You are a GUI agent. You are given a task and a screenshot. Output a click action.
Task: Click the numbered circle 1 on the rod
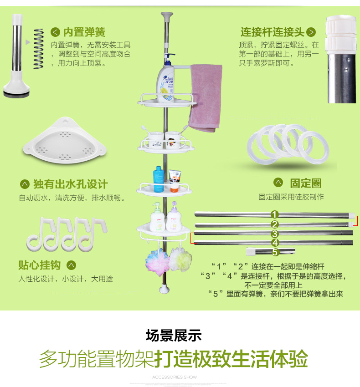[x=274, y=214]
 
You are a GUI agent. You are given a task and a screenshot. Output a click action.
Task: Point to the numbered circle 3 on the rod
[x=274, y=234]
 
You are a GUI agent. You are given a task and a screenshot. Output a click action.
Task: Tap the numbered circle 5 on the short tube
[x=275, y=252]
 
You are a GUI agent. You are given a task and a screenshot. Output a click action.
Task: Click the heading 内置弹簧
[x=84, y=32]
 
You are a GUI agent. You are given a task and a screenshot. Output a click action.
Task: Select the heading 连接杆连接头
[x=272, y=32]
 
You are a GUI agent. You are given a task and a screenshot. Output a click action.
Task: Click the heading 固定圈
[x=306, y=183]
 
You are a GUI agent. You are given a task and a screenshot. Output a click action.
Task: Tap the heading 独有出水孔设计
[x=71, y=184]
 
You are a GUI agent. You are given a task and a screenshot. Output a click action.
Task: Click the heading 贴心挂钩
[x=39, y=265]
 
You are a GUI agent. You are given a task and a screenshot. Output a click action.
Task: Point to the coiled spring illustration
[x=38, y=49]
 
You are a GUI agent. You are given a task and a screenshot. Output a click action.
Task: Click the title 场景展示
[x=174, y=336]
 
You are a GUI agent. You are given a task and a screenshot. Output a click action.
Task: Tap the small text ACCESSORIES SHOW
[x=175, y=377]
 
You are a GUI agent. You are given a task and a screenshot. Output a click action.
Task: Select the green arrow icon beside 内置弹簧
[x=55, y=32]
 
